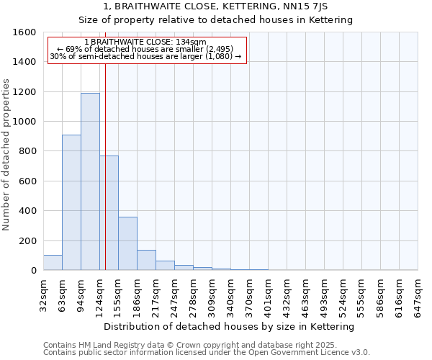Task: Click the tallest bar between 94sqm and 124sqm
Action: point(90,181)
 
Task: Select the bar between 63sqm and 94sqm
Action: point(71,202)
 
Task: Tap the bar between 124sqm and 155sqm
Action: point(109,213)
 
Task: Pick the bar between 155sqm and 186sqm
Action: point(127,243)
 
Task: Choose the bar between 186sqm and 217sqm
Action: point(146,260)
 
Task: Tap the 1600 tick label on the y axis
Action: point(24,32)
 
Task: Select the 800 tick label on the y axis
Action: point(27,151)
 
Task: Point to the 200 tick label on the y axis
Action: point(27,240)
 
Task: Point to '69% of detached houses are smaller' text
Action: point(147,49)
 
